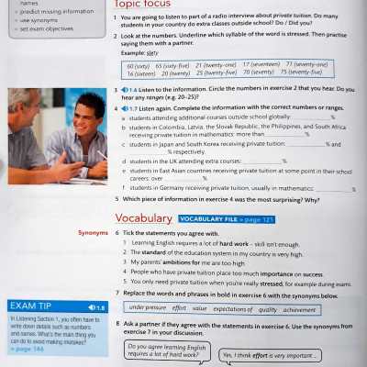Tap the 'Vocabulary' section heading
143,219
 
